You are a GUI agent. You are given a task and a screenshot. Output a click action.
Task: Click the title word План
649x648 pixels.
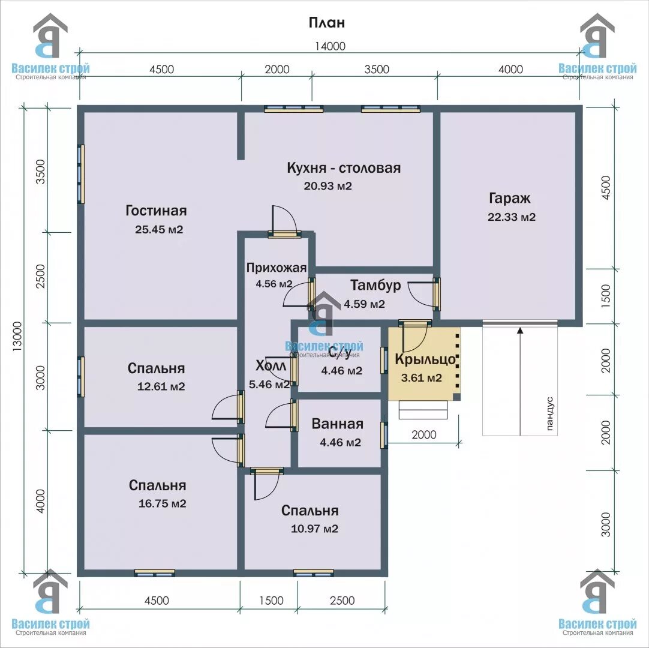click(326, 22)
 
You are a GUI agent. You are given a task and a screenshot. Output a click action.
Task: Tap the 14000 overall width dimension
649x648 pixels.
click(330, 46)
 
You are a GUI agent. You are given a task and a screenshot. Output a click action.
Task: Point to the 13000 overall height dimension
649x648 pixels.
click(17, 337)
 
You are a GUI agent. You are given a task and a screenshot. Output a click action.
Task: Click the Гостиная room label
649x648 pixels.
click(156, 211)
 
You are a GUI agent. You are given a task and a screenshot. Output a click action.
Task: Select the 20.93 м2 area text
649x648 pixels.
click(328, 186)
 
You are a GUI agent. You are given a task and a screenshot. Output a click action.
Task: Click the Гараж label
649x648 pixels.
click(509, 199)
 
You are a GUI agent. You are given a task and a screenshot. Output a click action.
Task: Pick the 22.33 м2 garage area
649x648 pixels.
click(512, 217)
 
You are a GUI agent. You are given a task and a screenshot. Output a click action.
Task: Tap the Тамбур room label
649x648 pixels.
click(375, 285)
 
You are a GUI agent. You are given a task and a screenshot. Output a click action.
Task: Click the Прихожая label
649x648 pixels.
click(277, 268)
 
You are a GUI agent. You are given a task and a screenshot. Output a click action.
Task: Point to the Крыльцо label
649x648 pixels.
click(425, 359)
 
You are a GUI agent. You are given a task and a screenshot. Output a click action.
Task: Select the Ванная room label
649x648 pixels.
click(337, 424)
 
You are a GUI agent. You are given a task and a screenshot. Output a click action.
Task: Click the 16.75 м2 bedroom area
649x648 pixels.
click(162, 503)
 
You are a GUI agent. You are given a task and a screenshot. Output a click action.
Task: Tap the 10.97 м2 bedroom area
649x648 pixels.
click(314, 529)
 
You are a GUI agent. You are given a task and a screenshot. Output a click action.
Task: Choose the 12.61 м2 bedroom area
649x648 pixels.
click(161, 386)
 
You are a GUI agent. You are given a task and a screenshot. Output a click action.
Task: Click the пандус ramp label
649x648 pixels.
click(549, 413)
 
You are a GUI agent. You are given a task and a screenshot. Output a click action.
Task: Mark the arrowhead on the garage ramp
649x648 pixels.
click(520, 330)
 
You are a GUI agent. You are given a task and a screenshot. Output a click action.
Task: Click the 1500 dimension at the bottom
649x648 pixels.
click(272, 601)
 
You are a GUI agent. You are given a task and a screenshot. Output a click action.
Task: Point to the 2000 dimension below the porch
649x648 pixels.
click(424, 434)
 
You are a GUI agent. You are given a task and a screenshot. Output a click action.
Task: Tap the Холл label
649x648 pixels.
click(271, 366)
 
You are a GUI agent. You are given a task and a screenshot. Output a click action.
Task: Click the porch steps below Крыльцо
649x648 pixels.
click(423, 410)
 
